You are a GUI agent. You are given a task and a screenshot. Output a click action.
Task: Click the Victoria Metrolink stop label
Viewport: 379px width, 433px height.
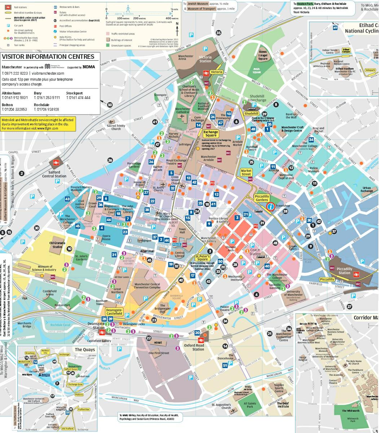tap(217, 72)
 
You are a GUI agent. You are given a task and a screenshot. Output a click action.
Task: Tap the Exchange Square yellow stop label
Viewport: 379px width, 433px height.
tap(211, 134)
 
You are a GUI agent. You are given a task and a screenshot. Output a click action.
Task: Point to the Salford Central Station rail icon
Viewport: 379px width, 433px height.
tap(56, 163)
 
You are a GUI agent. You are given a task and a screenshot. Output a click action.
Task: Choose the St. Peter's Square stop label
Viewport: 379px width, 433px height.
tap(203, 257)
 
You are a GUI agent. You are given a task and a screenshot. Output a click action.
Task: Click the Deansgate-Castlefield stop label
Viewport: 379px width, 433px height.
tap(115, 312)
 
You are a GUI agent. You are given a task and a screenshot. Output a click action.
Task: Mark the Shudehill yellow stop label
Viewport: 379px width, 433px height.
tap(251, 113)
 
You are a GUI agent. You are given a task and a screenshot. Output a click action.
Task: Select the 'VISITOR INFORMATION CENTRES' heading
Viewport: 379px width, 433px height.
tap(48, 57)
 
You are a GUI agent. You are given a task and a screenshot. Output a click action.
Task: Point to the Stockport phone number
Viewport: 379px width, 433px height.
tap(78, 98)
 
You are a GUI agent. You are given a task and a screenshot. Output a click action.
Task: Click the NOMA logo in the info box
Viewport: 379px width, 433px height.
tap(89, 67)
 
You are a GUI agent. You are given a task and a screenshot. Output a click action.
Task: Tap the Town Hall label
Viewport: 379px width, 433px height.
tap(182, 231)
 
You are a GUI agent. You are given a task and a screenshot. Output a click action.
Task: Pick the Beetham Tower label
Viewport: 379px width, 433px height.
tap(102, 302)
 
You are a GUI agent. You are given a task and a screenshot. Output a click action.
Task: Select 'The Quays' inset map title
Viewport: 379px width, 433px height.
tap(85, 349)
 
